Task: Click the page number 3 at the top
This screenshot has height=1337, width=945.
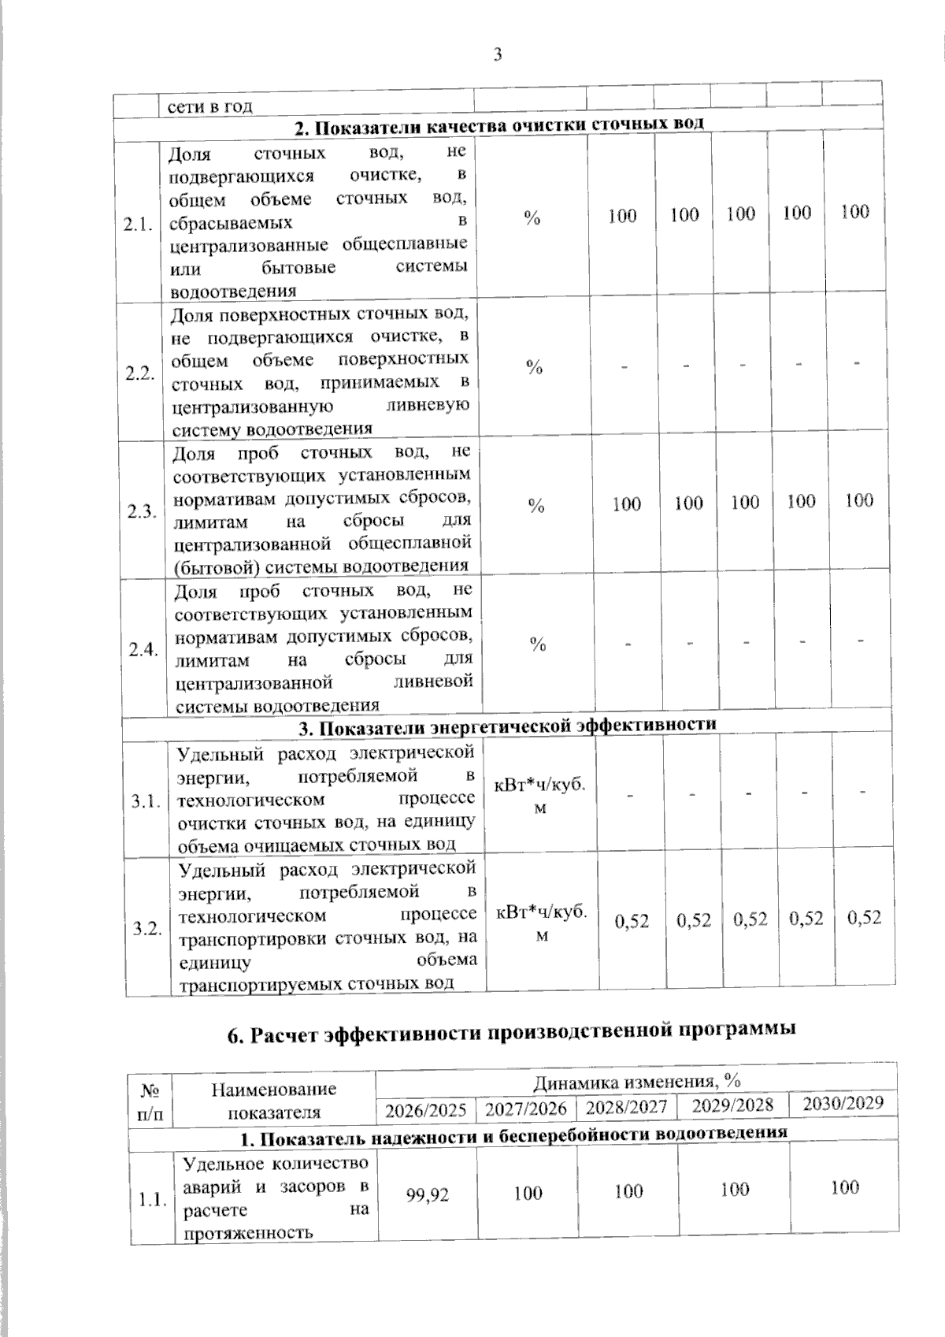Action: pyautogui.click(x=497, y=54)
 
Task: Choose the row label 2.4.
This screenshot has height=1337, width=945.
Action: pyautogui.click(x=144, y=650)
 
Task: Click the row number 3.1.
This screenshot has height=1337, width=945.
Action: pyautogui.click(x=147, y=800)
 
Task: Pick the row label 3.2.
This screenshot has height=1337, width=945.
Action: pyautogui.click(x=148, y=928)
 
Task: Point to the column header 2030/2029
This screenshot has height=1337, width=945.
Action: pyautogui.click(x=843, y=1103)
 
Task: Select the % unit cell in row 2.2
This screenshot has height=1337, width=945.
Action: pyautogui.click(x=535, y=367)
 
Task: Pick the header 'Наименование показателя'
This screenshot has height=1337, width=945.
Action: pyautogui.click(x=274, y=1101)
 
